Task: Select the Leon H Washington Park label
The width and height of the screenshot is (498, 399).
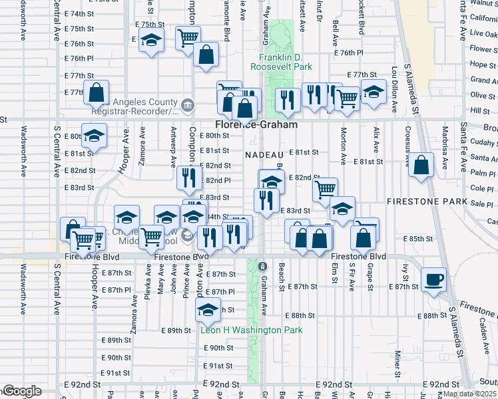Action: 252,330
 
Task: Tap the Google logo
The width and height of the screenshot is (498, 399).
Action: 22,391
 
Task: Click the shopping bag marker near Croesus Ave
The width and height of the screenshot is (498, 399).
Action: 421,165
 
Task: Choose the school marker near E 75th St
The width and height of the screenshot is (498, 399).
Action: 151,39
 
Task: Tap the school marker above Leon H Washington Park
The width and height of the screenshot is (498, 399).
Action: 208,309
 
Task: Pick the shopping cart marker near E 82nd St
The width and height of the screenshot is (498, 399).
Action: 325,190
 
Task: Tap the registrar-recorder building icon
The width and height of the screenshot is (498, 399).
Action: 188,104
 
